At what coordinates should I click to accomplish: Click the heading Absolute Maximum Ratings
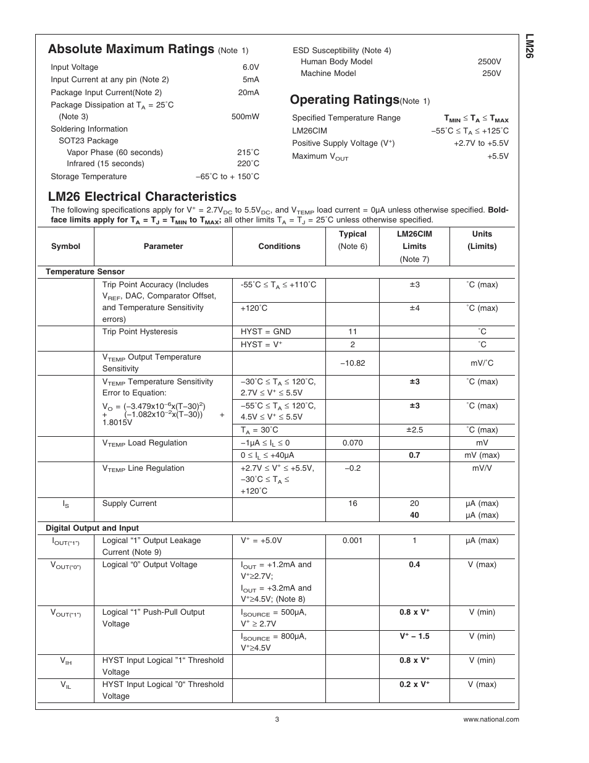pyautogui.click(x=131, y=49)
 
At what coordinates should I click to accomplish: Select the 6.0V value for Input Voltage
pyautogui.click(x=250, y=67)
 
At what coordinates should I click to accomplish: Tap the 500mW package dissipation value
pyautogui.click(x=245, y=116)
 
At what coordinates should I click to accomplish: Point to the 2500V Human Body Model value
pyautogui.click(x=489, y=62)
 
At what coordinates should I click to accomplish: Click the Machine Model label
pyautogui.click(x=328, y=74)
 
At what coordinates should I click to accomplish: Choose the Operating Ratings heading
pyautogui.click(x=345, y=99)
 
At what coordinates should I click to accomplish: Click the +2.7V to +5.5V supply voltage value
pyautogui.click(x=481, y=143)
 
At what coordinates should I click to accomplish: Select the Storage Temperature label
pyautogui.click(x=88, y=177)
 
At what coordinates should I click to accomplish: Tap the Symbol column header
pyautogui.click(x=65, y=247)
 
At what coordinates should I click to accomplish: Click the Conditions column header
pyautogui.click(x=279, y=247)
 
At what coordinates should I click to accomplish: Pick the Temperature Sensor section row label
pyautogui.click(x=85, y=272)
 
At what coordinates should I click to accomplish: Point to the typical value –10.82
pyautogui.click(x=353, y=363)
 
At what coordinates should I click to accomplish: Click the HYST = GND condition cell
pyautogui.click(x=265, y=332)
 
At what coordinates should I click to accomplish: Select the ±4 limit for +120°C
pyautogui.click(x=414, y=308)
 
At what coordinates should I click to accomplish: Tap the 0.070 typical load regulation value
pyautogui.click(x=353, y=443)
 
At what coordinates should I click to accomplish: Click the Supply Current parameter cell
pyautogui.click(x=130, y=504)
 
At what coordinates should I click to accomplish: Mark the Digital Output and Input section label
pyautogui.click(x=92, y=528)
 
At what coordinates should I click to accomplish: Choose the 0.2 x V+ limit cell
pyautogui.click(x=414, y=685)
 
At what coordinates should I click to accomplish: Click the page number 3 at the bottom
pyautogui.click(x=277, y=719)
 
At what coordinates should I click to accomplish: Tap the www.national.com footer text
pyautogui.click(x=491, y=719)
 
